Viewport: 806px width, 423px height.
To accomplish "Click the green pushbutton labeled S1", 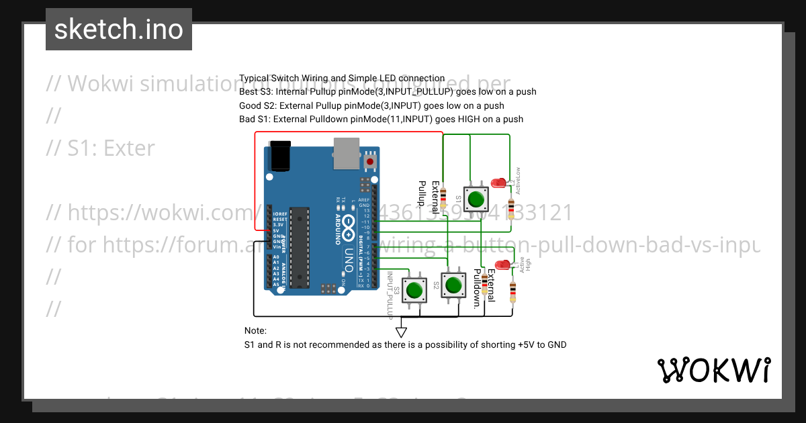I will [x=476, y=199].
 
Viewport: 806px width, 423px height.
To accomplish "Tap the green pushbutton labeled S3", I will [x=413, y=290].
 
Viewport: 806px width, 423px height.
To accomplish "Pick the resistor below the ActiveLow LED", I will [x=512, y=208].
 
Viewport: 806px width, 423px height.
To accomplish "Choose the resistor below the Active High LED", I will [x=513, y=291].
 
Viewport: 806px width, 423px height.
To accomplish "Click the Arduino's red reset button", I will [x=370, y=162].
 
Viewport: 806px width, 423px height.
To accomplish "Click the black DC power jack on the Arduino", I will [x=279, y=155].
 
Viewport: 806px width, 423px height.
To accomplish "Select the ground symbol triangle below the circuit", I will [x=401, y=331].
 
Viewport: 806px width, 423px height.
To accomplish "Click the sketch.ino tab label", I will [x=119, y=30].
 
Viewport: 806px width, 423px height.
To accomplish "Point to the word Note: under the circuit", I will [x=255, y=331].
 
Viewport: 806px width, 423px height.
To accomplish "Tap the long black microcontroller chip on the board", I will [x=299, y=247].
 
